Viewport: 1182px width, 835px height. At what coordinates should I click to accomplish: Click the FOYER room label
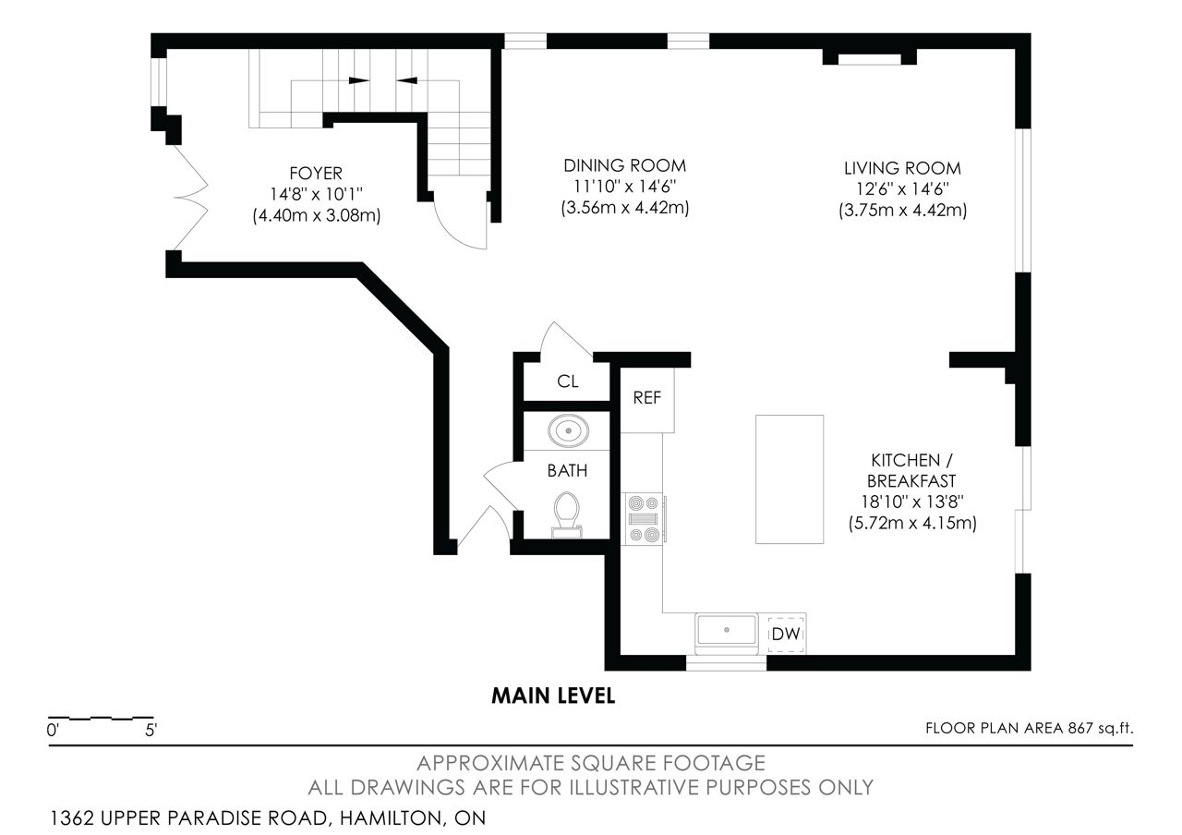(x=316, y=173)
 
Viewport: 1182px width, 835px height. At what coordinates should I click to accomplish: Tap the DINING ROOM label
(x=625, y=165)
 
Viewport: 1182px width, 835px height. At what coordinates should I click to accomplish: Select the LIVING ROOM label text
(x=902, y=168)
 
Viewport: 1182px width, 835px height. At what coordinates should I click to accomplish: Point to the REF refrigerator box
(x=647, y=400)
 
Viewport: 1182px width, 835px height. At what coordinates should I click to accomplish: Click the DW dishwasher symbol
(x=786, y=634)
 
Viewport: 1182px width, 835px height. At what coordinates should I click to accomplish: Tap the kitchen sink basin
(x=727, y=630)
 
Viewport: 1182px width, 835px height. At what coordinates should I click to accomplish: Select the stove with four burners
(x=644, y=519)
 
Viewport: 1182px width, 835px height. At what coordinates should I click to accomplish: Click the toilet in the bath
(x=567, y=514)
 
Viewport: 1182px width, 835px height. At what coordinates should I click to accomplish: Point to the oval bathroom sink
(x=568, y=430)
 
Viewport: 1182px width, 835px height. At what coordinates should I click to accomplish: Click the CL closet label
(x=568, y=381)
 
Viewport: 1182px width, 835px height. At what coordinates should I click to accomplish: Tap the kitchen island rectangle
(x=790, y=479)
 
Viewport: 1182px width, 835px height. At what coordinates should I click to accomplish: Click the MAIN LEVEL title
(x=553, y=696)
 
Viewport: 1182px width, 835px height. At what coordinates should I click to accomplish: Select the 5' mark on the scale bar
(x=151, y=731)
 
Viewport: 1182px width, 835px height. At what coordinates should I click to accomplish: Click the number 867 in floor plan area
(x=1080, y=729)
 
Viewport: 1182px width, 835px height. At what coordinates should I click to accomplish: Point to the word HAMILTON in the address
(x=392, y=818)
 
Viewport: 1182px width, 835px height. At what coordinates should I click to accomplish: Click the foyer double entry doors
(x=190, y=198)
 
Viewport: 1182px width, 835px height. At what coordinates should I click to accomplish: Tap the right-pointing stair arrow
(x=359, y=80)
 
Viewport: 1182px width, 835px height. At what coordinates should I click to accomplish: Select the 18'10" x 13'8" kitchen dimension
(x=912, y=502)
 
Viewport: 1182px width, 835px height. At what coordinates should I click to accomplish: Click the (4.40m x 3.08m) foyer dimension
(x=317, y=215)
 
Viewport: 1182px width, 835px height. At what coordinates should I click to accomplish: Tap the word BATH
(x=567, y=471)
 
